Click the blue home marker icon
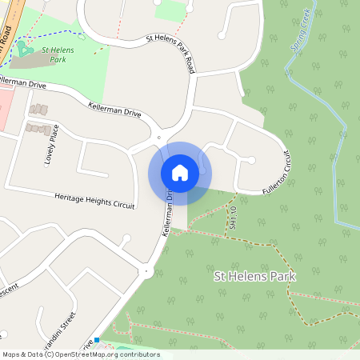coord(179,172)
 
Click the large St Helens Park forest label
coord(255,276)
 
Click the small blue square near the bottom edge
coord(97,340)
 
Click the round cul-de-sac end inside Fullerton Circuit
coord(251,160)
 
